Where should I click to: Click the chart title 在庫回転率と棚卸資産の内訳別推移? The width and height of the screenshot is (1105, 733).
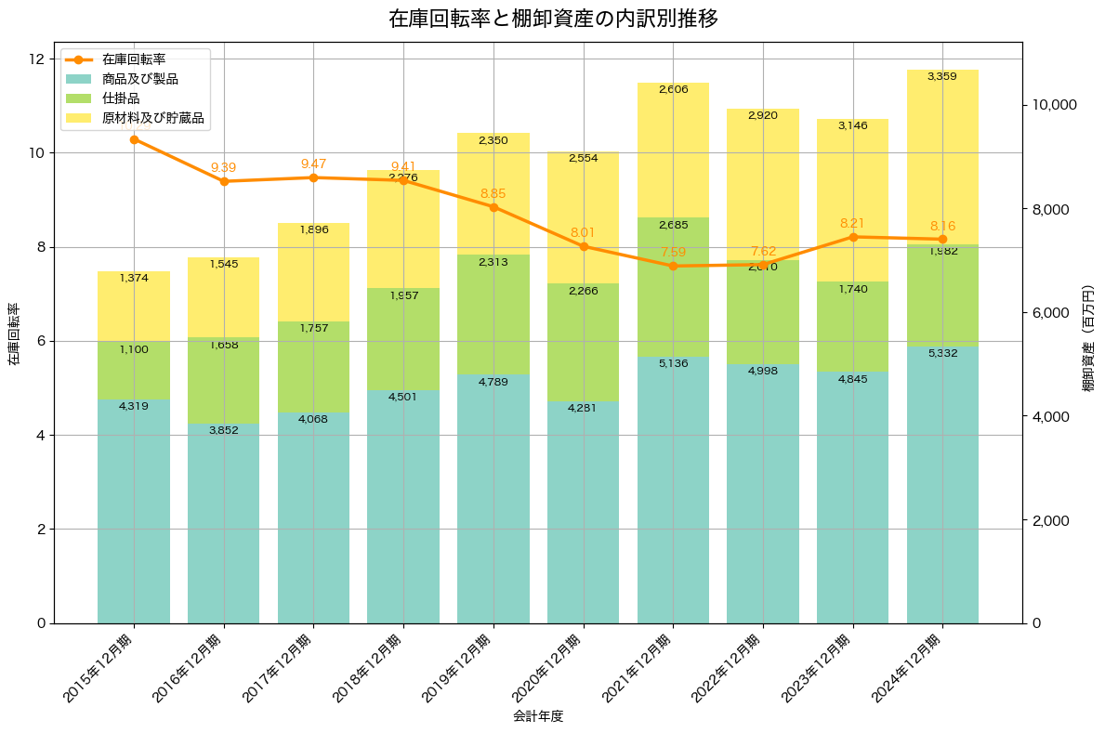click(x=553, y=19)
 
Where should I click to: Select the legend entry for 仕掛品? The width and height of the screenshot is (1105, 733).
click(x=121, y=98)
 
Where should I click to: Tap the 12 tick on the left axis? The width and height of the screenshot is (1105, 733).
click(x=36, y=59)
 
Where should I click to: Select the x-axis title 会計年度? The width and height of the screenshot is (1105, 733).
click(x=538, y=716)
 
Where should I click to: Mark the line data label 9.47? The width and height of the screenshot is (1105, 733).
click(x=314, y=164)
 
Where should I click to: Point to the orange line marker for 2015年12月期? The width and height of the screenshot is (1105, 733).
click(x=134, y=139)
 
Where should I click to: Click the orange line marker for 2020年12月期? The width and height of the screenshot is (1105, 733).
click(x=584, y=246)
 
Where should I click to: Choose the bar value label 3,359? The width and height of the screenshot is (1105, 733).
click(x=942, y=76)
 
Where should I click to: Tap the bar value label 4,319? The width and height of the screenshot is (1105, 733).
click(x=134, y=406)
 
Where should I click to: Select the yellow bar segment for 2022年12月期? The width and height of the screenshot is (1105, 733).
click(x=763, y=186)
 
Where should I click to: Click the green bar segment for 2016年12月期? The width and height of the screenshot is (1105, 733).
click(x=224, y=381)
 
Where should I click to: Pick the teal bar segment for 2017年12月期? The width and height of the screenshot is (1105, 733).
click(x=314, y=520)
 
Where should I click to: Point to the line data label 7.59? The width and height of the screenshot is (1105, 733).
click(x=674, y=252)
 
